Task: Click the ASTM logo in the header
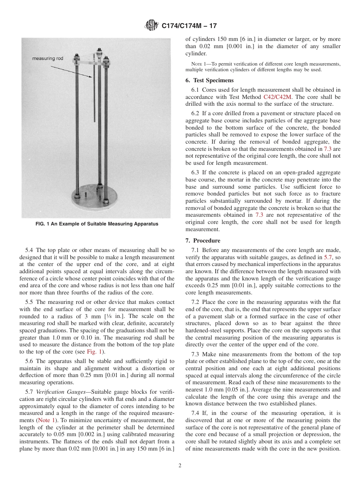tap(152, 26)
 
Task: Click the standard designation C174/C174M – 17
tap(189, 26)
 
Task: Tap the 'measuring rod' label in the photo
tap(48, 58)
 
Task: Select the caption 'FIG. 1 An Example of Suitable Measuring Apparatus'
tap(97, 224)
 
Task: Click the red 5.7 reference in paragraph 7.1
tap(329, 257)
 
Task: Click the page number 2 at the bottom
tap(180, 466)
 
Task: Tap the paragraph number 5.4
tap(30, 250)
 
